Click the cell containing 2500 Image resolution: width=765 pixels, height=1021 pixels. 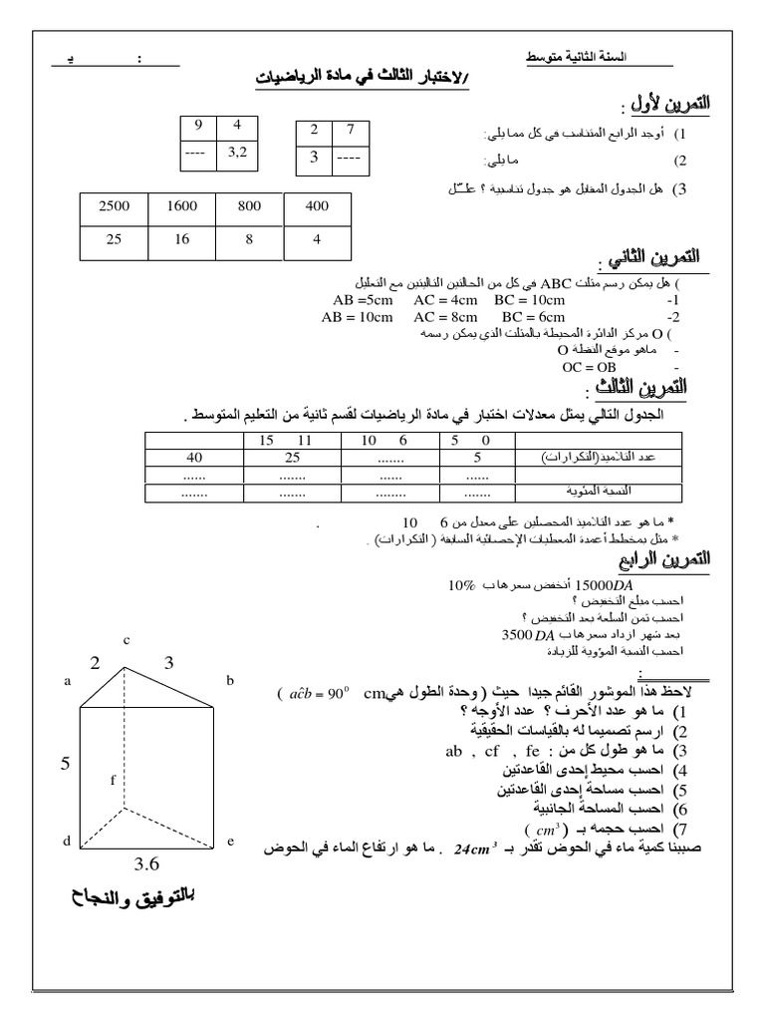tap(115, 206)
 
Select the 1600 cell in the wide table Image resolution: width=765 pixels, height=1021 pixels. tap(182, 206)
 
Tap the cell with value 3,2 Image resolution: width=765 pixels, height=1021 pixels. tap(237, 153)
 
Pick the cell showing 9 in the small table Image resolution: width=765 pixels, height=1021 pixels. tap(199, 126)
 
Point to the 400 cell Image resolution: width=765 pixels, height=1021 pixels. tap(317, 206)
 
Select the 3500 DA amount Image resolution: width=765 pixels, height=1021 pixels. tap(529, 634)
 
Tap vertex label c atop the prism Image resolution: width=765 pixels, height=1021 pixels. tap(127, 639)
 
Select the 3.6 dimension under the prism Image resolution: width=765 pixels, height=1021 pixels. tap(147, 864)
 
